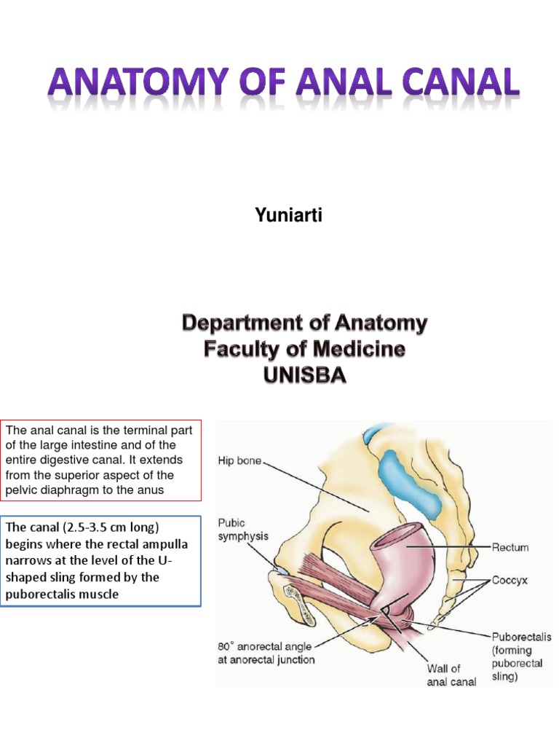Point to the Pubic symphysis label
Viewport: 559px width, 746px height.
[x=243, y=529]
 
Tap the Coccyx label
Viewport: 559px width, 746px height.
[x=509, y=581]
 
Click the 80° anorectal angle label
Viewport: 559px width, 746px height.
[x=266, y=653]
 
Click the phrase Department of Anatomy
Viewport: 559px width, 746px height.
[x=304, y=323]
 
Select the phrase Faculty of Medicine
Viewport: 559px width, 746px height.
[x=304, y=350]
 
